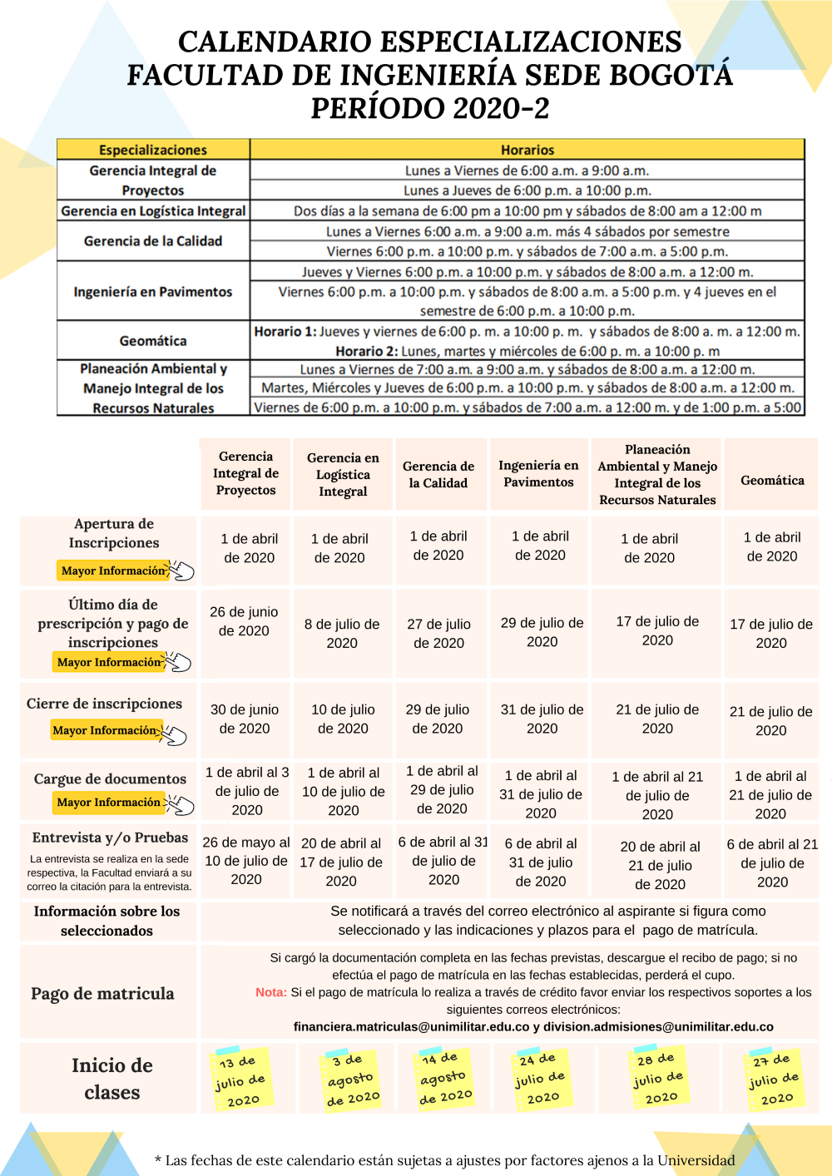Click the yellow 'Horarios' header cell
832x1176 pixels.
point(527,150)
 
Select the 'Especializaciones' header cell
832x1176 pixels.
point(153,150)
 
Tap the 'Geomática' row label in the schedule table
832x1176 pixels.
point(153,341)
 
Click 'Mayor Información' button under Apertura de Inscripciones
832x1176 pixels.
point(113,571)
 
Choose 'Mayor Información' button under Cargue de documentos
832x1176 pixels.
point(108,803)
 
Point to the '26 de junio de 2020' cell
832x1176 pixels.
point(244,621)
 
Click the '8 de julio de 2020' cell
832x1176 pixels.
point(342,633)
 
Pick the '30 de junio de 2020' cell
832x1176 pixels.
point(245,719)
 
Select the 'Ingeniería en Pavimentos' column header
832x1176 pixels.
point(538,473)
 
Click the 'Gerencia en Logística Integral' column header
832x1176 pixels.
point(343,474)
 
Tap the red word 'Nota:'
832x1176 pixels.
point(271,992)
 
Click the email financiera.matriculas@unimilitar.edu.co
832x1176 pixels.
point(411,1027)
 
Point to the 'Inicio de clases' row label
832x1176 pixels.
point(111,1079)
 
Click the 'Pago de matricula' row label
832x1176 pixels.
point(102,994)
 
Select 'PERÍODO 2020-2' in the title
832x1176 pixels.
point(430,108)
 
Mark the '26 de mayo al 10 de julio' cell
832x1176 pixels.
point(246,861)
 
